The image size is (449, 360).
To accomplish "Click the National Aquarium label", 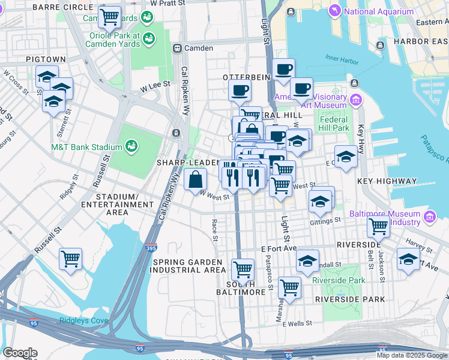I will tap(379, 11).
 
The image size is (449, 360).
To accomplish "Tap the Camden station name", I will tap(198, 48).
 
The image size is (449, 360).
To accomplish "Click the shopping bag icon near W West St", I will tap(196, 179).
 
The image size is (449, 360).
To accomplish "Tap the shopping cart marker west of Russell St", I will tap(71, 259).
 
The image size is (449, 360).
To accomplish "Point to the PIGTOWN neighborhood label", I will tap(41, 60).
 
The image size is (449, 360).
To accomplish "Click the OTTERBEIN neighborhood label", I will tap(243, 78).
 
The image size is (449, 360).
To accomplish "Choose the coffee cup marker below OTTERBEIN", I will tap(240, 91).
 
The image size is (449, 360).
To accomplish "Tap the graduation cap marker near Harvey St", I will tap(408, 260).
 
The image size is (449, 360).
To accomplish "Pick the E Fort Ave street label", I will tap(279, 248).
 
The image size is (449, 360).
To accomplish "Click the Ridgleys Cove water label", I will tap(83, 320).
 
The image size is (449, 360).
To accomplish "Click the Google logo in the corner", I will tap(20, 353).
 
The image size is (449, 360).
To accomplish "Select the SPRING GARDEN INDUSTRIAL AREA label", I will tap(189, 266).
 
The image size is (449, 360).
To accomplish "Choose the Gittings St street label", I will tap(325, 220).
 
